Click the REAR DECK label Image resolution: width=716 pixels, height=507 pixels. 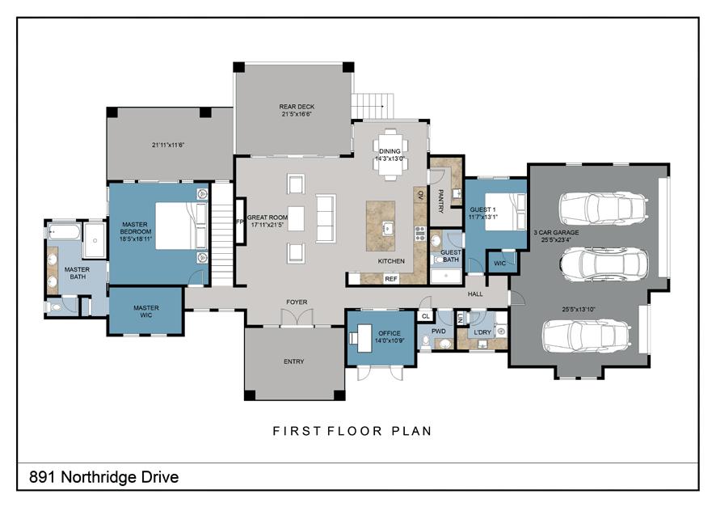tap(297, 107)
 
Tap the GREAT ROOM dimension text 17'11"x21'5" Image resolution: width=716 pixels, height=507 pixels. tap(267, 225)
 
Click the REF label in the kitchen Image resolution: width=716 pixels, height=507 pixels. tap(391, 279)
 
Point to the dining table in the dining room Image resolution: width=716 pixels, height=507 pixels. tap(390, 154)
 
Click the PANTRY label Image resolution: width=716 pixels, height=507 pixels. tap(440, 201)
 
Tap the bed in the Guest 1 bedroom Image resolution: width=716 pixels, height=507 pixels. tap(506, 212)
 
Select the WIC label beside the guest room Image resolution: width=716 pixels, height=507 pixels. tap(500, 264)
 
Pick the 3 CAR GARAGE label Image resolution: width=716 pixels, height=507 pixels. tap(556, 233)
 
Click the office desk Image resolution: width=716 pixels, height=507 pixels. tap(364, 338)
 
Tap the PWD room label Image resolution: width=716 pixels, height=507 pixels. tap(438, 332)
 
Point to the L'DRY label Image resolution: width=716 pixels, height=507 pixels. tap(482, 332)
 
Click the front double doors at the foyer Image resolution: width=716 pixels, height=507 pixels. tap(297, 318)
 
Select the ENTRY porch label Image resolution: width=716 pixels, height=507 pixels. tap(293, 361)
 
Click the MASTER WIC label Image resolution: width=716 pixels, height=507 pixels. tap(146, 311)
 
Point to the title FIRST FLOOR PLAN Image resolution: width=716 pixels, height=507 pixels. tap(352, 431)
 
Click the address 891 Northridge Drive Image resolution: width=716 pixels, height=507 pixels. tap(104, 477)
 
